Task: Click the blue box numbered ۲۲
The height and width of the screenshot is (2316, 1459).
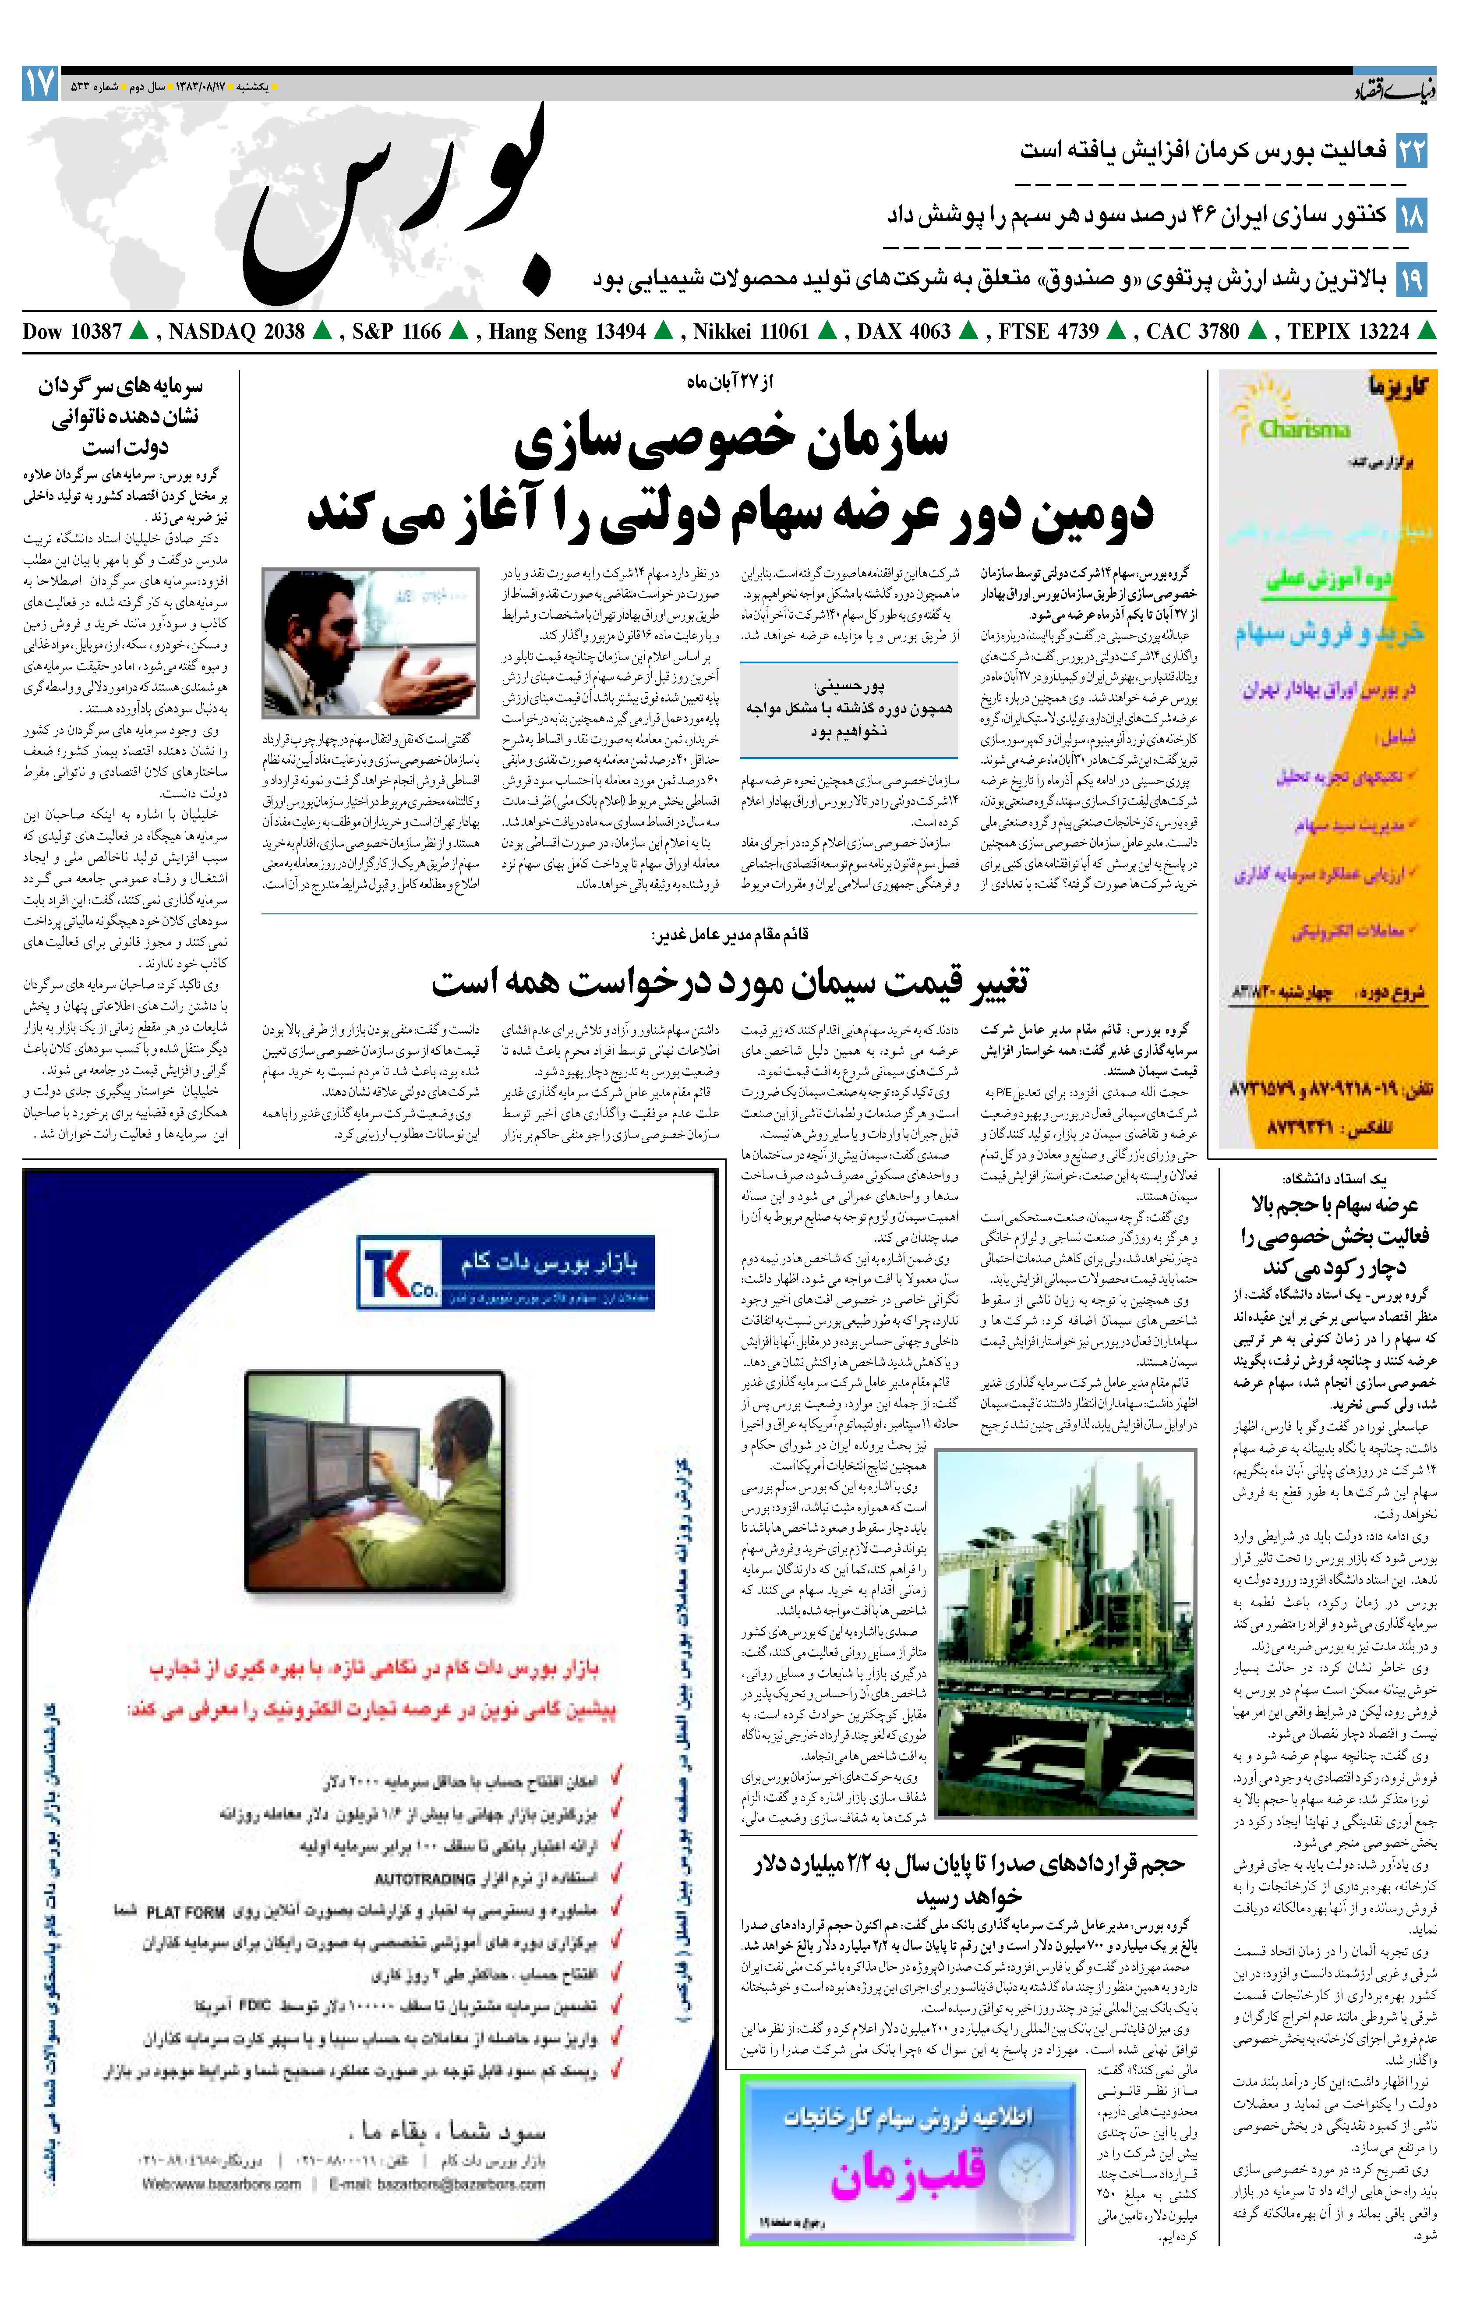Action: [x=1411, y=151]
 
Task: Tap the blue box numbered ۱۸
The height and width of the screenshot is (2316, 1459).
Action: [x=1411, y=215]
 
